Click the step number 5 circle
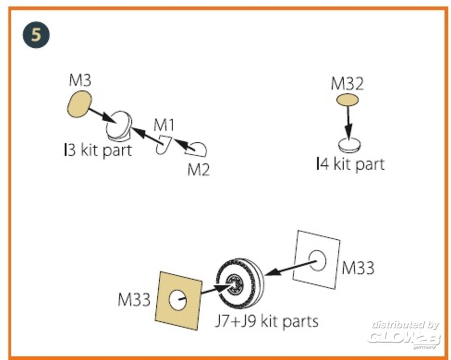point(36,35)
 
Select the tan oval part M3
point(79,104)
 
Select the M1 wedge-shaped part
point(163,144)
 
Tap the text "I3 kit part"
point(98,150)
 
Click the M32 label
point(347,84)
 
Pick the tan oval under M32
point(347,100)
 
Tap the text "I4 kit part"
point(350,164)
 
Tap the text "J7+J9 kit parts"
point(266,321)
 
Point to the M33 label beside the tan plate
point(133,300)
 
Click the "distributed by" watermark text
point(405,324)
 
